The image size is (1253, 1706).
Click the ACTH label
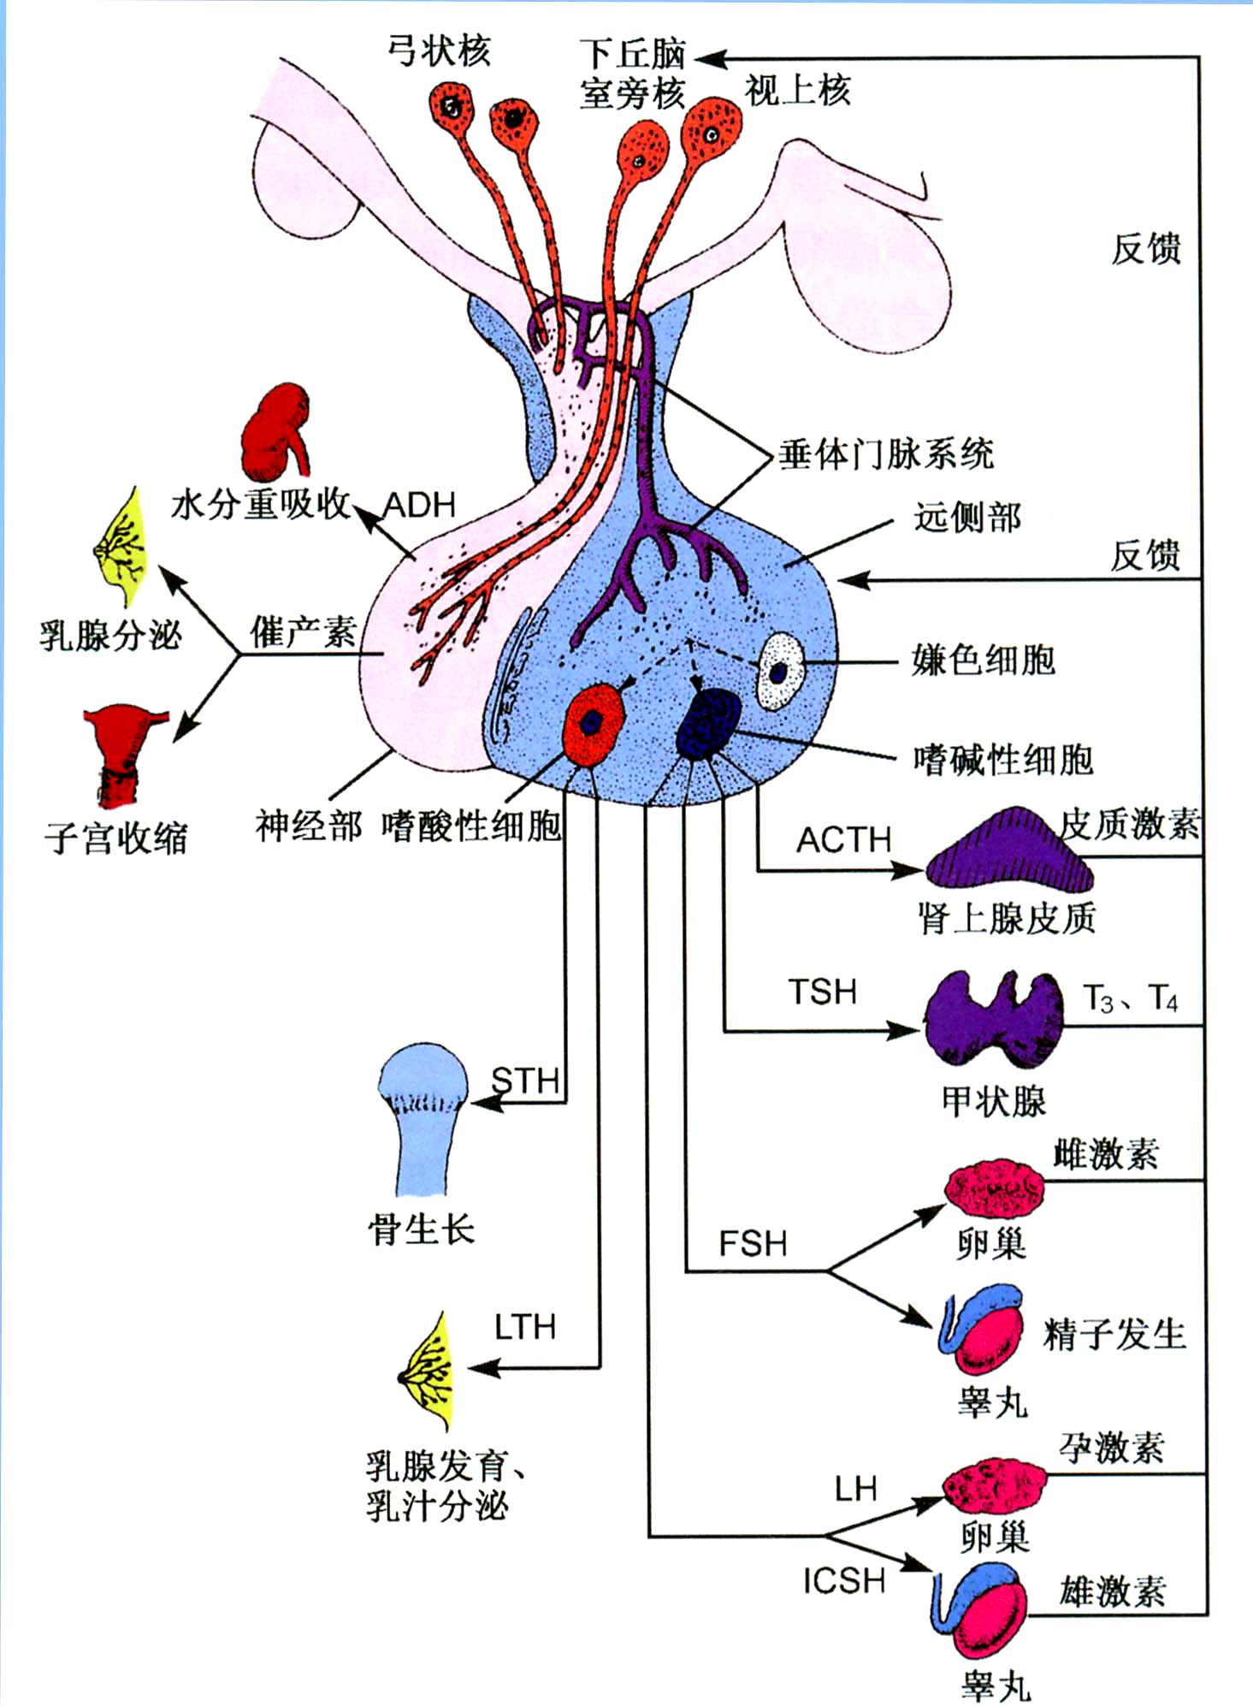[843, 840]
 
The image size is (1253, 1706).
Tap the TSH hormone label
[822, 992]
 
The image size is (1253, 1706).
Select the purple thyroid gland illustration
[994, 1021]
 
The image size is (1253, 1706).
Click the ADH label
[419, 505]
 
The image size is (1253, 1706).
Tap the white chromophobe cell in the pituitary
[780, 671]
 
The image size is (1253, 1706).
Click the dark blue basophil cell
[708, 724]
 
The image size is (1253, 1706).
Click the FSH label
[753, 1244]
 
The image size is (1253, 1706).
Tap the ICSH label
[843, 1581]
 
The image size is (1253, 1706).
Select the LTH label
[525, 1328]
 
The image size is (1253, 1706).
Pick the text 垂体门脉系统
[885, 453]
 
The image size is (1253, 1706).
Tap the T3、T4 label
[1130, 998]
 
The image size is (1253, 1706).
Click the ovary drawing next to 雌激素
[995, 1189]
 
